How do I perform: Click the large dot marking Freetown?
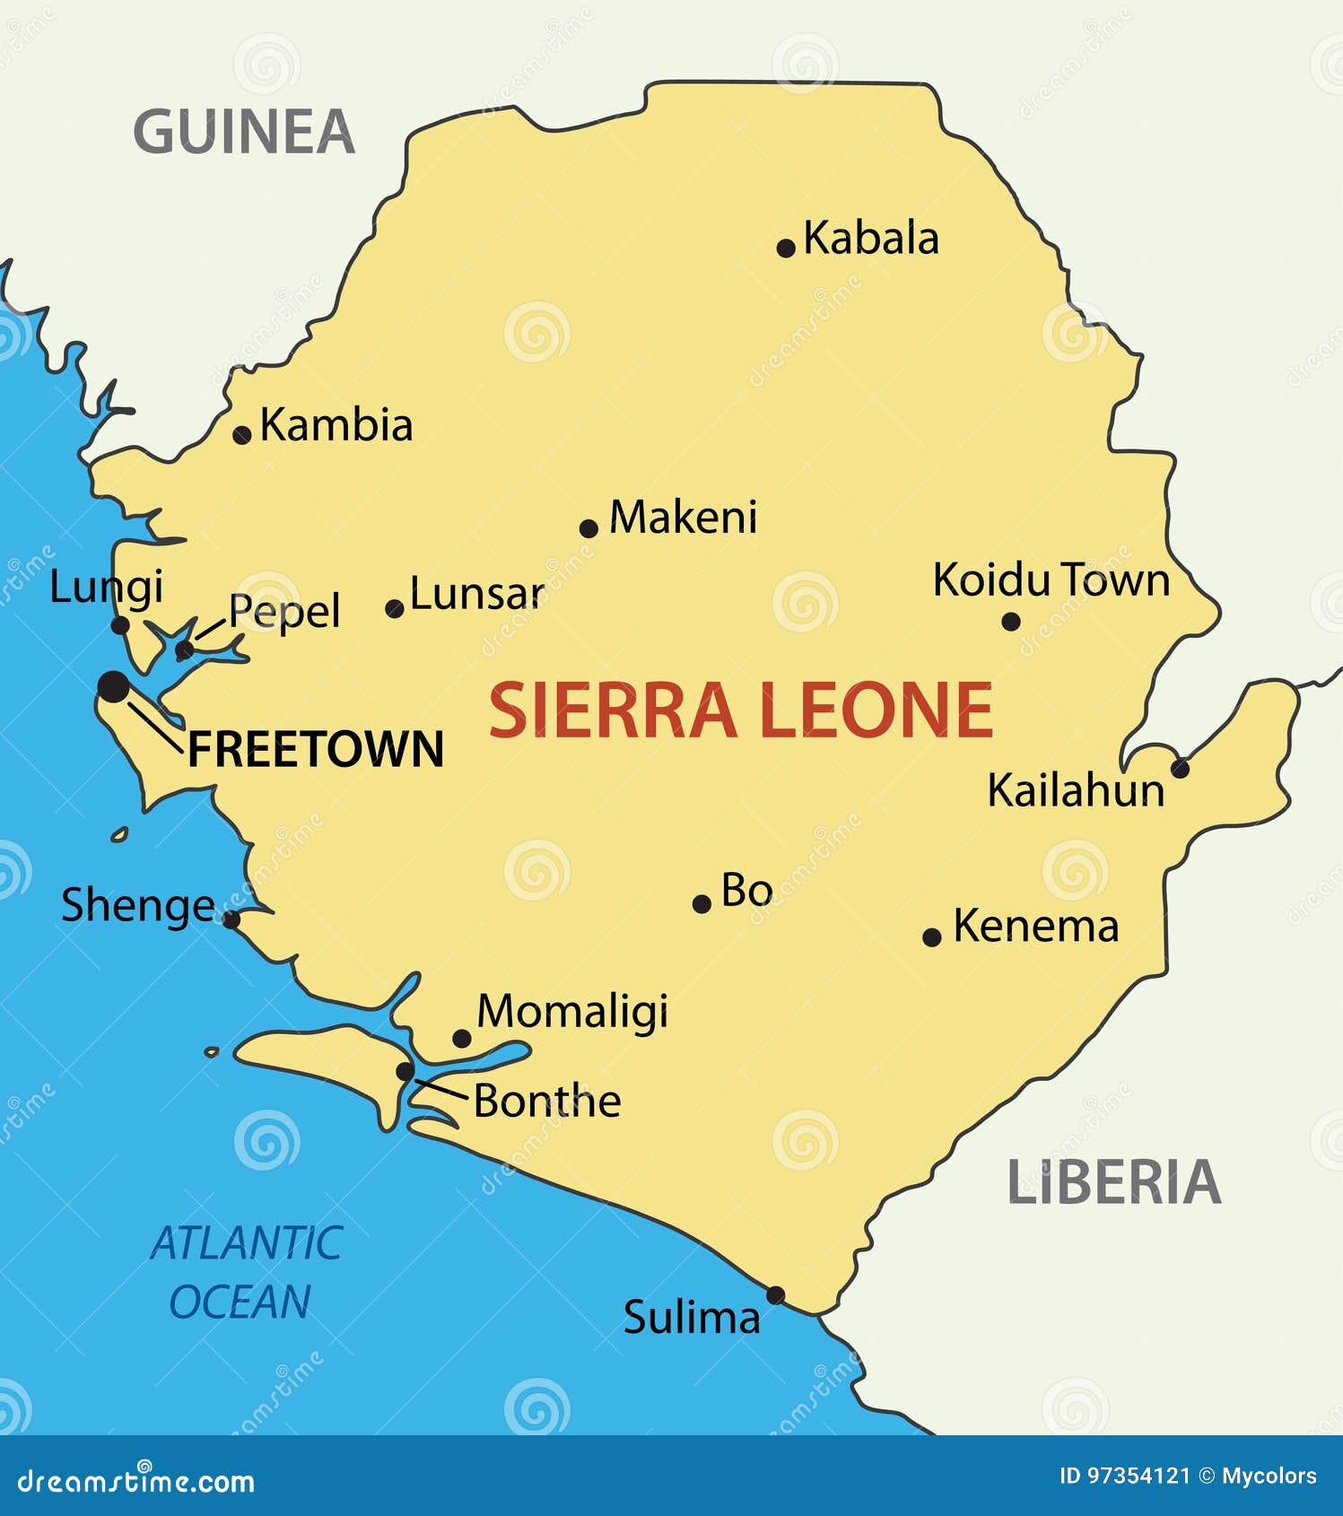[x=113, y=687]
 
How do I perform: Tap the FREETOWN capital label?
[x=316, y=749]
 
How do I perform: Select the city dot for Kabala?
[x=786, y=248]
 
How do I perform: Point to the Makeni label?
[x=683, y=518]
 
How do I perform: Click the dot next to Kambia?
[x=241, y=435]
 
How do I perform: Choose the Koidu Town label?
[x=1051, y=580]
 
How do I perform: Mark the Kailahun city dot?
[x=1181, y=769]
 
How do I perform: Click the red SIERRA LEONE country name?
[x=741, y=710]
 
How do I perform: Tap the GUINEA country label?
[x=244, y=132]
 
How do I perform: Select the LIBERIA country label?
[x=1113, y=1182]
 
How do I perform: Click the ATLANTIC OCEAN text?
[x=244, y=1272]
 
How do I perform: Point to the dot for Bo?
[x=702, y=904]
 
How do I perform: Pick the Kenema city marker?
[x=932, y=937]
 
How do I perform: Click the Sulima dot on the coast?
[x=775, y=1295]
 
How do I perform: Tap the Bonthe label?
[x=547, y=1102]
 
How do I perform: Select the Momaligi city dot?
[x=462, y=1039]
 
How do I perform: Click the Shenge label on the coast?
[x=138, y=906]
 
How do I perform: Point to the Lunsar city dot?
[x=394, y=609]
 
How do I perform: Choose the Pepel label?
[x=284, y=612]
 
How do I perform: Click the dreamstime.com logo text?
[x=136, y=1482]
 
